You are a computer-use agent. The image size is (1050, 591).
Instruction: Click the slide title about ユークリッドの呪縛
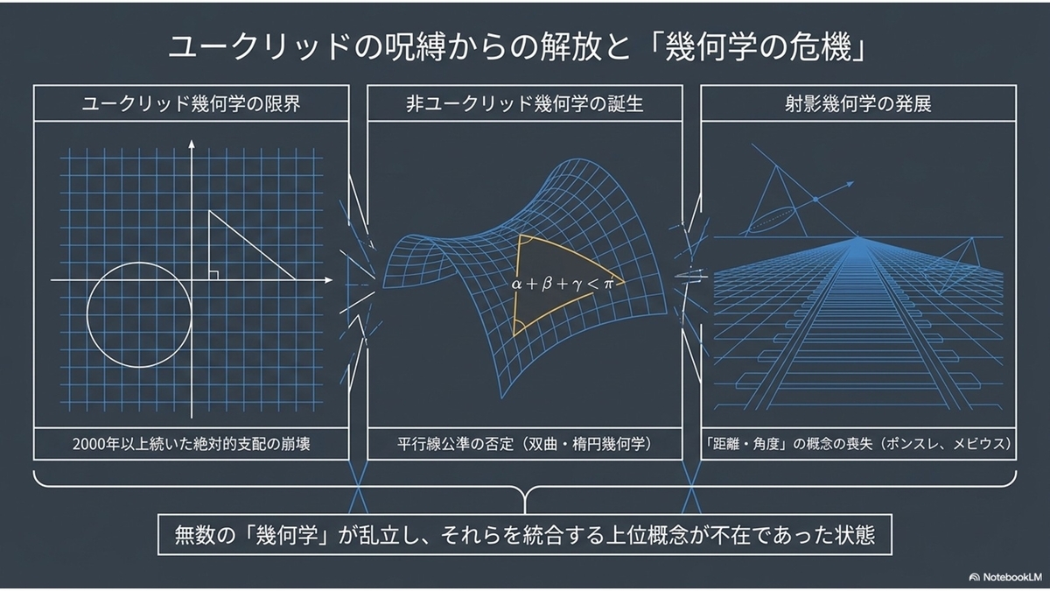click(517, 48)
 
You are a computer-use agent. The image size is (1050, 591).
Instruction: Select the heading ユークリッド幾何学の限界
click(192, 103)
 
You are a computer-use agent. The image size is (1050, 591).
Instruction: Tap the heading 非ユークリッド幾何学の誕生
click(524, 103)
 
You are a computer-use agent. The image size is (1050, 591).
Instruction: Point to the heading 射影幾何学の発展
click(858, 103)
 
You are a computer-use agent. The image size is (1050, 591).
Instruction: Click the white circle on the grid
click(139, 263)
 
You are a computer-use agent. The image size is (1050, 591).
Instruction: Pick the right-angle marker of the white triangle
click(213, 275)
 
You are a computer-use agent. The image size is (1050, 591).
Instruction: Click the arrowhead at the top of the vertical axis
click(192, 144)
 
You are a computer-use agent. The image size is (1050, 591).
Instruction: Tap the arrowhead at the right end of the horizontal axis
click(328, 280)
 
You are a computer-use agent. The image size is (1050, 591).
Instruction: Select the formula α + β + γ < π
click(563, 284)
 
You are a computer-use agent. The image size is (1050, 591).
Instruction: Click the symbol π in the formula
click(608, 285)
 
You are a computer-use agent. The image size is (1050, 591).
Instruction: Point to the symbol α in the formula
click(516, 285)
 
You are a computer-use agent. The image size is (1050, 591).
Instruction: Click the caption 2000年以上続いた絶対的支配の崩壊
click(192, 444)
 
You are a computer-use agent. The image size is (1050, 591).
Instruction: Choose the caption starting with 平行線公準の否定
click(524, 444)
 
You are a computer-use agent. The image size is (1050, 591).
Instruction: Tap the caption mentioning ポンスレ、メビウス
click(858, 444)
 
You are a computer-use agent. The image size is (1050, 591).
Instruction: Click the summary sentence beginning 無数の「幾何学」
click(524, 535)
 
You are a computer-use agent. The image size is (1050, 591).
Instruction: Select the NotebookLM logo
click(1005, 577)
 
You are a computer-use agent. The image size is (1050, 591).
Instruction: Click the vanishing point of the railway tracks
click(858, 238)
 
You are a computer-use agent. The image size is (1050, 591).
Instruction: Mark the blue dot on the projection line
click(815, 200)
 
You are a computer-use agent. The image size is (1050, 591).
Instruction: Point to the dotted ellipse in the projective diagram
click(771, 220)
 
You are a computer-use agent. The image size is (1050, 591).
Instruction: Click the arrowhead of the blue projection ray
click(850, 184)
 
